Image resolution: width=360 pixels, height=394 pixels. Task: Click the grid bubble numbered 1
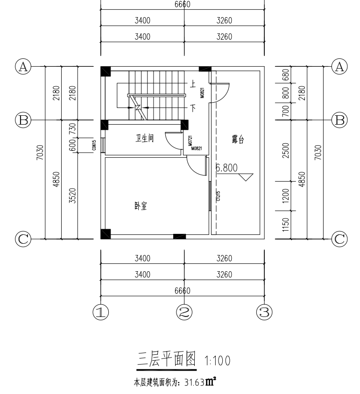(x=101, y=311)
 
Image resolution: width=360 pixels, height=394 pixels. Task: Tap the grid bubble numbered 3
(x=265, y=311)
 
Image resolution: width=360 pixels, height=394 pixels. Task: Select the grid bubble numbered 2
(x=184, y=311)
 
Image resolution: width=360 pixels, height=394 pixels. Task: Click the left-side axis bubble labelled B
(x=22, y=120)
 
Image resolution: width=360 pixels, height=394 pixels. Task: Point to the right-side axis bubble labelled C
(x=339, y=239)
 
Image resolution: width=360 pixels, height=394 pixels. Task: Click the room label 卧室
(x=142, y=205)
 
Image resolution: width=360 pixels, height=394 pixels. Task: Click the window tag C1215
(x=218, y=196)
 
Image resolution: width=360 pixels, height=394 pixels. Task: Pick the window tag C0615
(x=94, y=145)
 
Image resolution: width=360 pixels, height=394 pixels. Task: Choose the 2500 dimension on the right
(x=286, y=150)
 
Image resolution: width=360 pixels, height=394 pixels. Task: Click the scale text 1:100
(x=217, y=361)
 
